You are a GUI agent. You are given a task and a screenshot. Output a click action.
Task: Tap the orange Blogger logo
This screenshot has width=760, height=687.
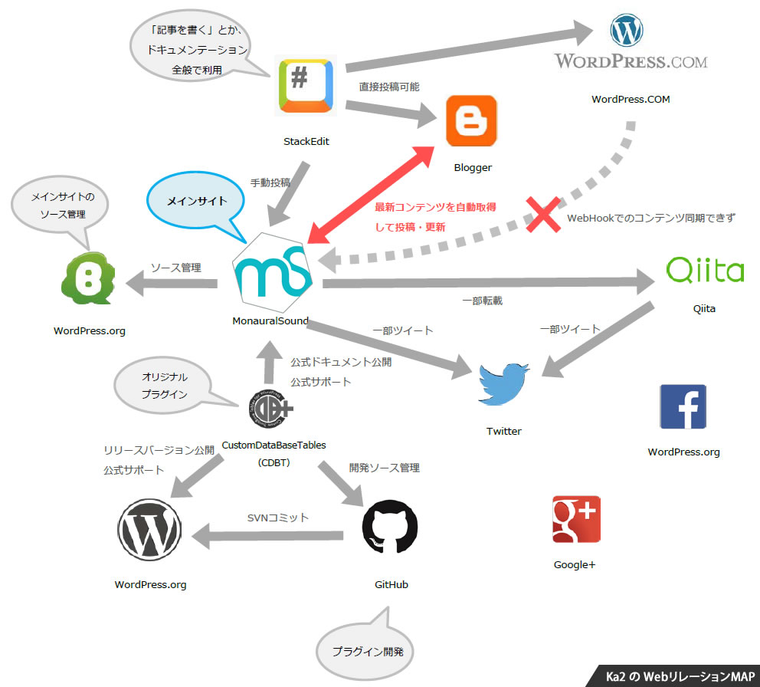(x=471, y=120)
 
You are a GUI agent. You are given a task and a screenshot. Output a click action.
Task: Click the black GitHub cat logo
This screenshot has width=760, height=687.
(x=390, y=528)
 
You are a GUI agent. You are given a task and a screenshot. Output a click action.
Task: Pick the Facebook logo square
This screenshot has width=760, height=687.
(x=683, y=406)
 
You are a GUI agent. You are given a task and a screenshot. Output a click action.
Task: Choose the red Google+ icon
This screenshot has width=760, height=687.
(x=576, y=519)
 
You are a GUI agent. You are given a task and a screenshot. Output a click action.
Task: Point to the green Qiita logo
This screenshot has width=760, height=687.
(x=705, y=271)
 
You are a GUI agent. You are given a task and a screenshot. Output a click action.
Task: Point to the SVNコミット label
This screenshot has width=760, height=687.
(x=278, y=518)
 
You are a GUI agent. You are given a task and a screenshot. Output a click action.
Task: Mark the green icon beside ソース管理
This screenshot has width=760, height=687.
(x=87, y=281)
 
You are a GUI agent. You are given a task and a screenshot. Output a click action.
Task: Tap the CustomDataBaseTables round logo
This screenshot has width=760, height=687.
(x=271, y=410)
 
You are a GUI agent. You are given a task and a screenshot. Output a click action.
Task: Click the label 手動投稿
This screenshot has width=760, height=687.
(x=270, y=182)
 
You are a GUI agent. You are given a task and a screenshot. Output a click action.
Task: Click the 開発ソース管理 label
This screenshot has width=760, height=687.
(x=384, y=467)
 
